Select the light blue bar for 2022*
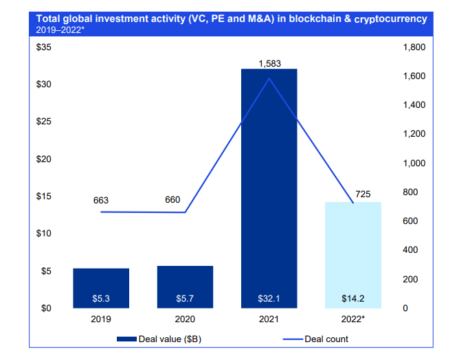(x=352, y=255)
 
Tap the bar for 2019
(x=101, y=288)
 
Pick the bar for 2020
(x=185, y=286)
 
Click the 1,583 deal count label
(x=269, y=63)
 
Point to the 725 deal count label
(x=363, y=194)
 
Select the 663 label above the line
(x=101, y=201)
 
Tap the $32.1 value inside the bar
(x=269, y=299)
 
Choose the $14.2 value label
(x=352, y=299)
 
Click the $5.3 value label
(x=101, y=299)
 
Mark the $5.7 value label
(x=185, y=299)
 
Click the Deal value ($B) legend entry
(x=159, y=339)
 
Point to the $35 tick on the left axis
(x=43, y=47)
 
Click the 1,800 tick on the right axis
(x=417, y=47)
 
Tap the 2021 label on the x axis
(x=269, y=319)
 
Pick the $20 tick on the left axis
(x=43, y=159)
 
